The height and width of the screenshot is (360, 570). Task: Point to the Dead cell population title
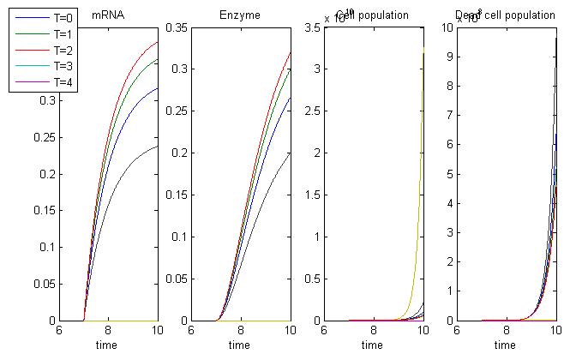point(506,15)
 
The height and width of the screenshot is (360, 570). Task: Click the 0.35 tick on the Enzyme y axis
point(177,28)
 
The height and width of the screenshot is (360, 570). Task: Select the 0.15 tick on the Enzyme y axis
point(177,195)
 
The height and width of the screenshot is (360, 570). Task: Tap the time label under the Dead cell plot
point(506,345)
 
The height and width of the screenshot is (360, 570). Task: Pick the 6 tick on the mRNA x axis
point(59,331)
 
